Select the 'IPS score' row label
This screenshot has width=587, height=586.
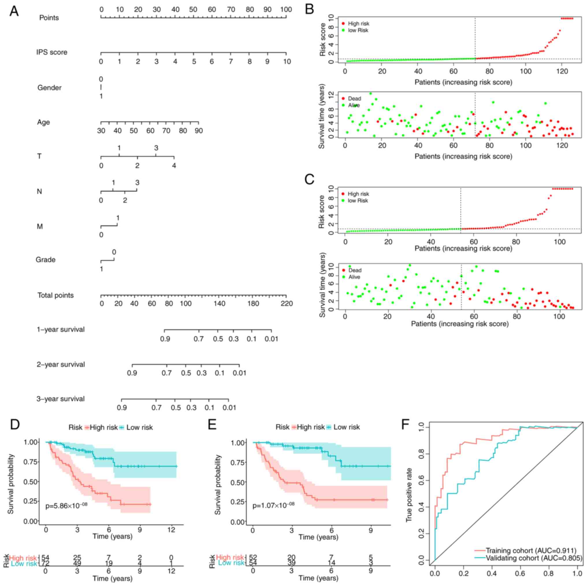point(52,52)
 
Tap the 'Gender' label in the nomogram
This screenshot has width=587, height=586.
point(49,88)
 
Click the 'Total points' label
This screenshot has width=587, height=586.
point(55,295)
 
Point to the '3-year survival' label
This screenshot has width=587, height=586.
point(60,399)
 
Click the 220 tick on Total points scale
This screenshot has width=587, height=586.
point(287,304)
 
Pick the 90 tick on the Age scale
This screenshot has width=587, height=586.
point(198,131)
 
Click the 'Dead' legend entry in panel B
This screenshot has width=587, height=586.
point(354,99)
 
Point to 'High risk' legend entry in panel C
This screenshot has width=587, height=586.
point(358,194)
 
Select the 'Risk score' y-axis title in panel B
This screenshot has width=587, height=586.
point(323,40)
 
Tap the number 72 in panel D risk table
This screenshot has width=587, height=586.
point(45,564)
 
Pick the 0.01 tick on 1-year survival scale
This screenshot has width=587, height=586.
point(271,339)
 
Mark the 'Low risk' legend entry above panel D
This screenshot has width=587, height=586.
point(139,427)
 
